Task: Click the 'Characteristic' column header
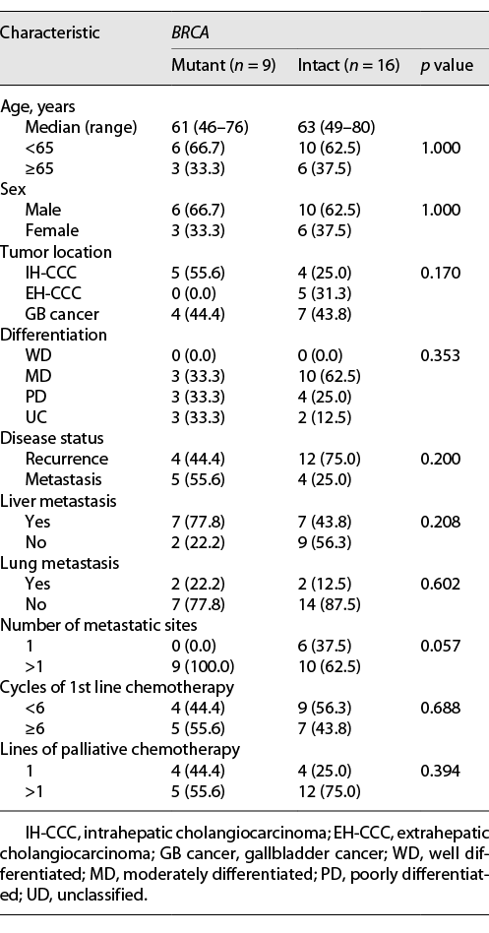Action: pos(50,32)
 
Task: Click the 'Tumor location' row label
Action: pos(56,251)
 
